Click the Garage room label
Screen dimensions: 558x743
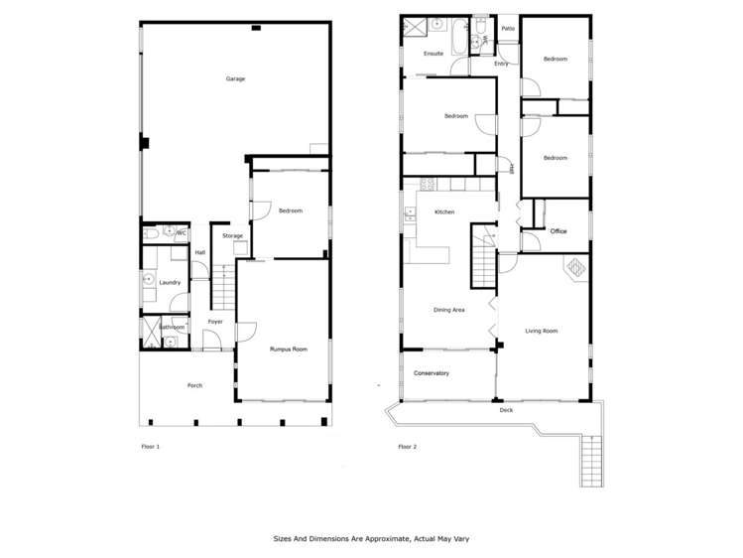pos(235,78)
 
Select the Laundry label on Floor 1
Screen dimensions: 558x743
pos(170,283)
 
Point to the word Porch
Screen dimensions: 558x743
pos(195,385)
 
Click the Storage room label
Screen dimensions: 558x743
pos(232,236)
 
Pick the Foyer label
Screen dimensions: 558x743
pos(215,322)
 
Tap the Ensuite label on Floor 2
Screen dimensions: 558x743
pos(433,54)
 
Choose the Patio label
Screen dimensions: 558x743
pos(508,29)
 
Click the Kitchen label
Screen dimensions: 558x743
pos(443,212)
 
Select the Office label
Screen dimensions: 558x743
pos(558,231)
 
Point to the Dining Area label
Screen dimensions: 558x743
pos(449,310)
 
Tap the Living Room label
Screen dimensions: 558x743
pos(541,331)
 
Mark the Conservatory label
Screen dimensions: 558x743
pos(433,373)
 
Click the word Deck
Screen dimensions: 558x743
pos(507,409)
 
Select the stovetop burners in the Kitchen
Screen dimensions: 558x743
pos(429,184)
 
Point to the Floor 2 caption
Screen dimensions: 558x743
pos(408,447)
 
